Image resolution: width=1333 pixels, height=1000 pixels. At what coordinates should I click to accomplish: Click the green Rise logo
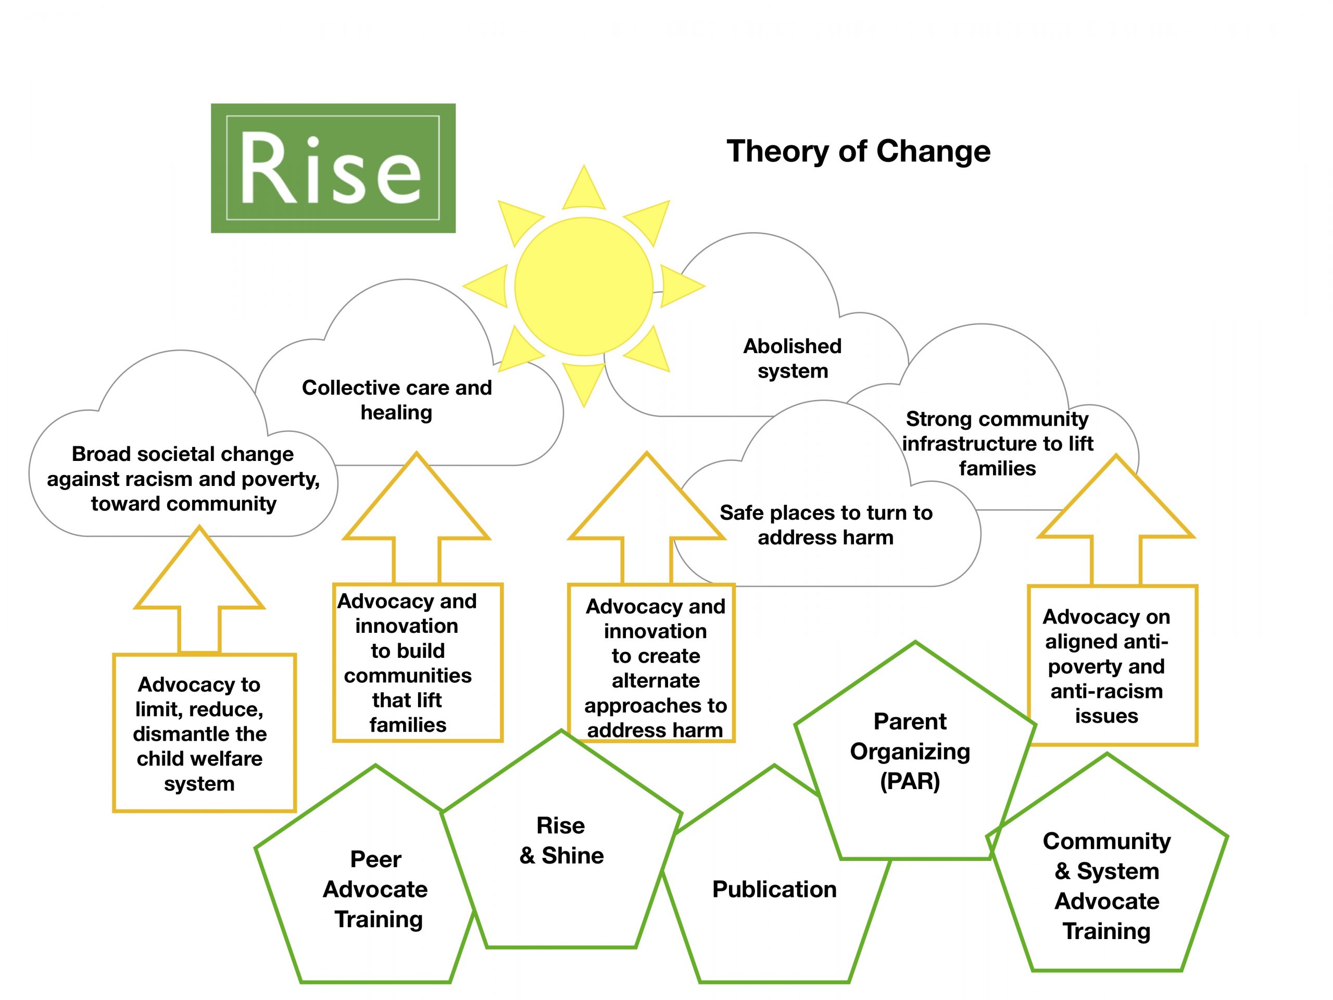click(333, 168)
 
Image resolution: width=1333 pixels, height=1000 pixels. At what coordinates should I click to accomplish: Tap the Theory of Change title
click(858, 151)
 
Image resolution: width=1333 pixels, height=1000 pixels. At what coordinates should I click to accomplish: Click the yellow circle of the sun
click(583, 286)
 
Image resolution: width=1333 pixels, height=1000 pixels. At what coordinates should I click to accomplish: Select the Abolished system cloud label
click(793, 358)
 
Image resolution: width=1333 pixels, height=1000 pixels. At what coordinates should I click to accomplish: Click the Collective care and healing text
click(397, 399)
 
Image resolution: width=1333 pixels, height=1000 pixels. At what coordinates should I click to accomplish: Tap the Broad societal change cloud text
click(183, 479)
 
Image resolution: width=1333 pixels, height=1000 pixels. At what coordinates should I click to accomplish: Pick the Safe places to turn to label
click(826, 524)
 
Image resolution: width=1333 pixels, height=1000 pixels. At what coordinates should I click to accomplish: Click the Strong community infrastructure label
click(997, 443)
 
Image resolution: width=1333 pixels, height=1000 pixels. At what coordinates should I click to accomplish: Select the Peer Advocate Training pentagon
click(375, 889)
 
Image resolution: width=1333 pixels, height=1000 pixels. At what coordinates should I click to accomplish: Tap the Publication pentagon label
click(774, 889)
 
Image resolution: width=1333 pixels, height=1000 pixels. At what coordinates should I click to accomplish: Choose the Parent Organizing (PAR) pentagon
click(910, 751)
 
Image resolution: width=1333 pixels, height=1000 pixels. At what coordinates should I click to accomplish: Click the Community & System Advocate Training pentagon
click(1107, 885)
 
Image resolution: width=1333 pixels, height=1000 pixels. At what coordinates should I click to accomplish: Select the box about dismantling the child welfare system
click(199, 733)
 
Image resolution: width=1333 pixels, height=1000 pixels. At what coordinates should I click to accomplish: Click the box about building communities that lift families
click(408, 662)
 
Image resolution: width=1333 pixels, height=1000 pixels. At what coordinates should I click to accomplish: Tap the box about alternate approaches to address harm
click(655, 668)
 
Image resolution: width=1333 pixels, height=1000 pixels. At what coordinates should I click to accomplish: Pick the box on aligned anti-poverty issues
click(1106, 666)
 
